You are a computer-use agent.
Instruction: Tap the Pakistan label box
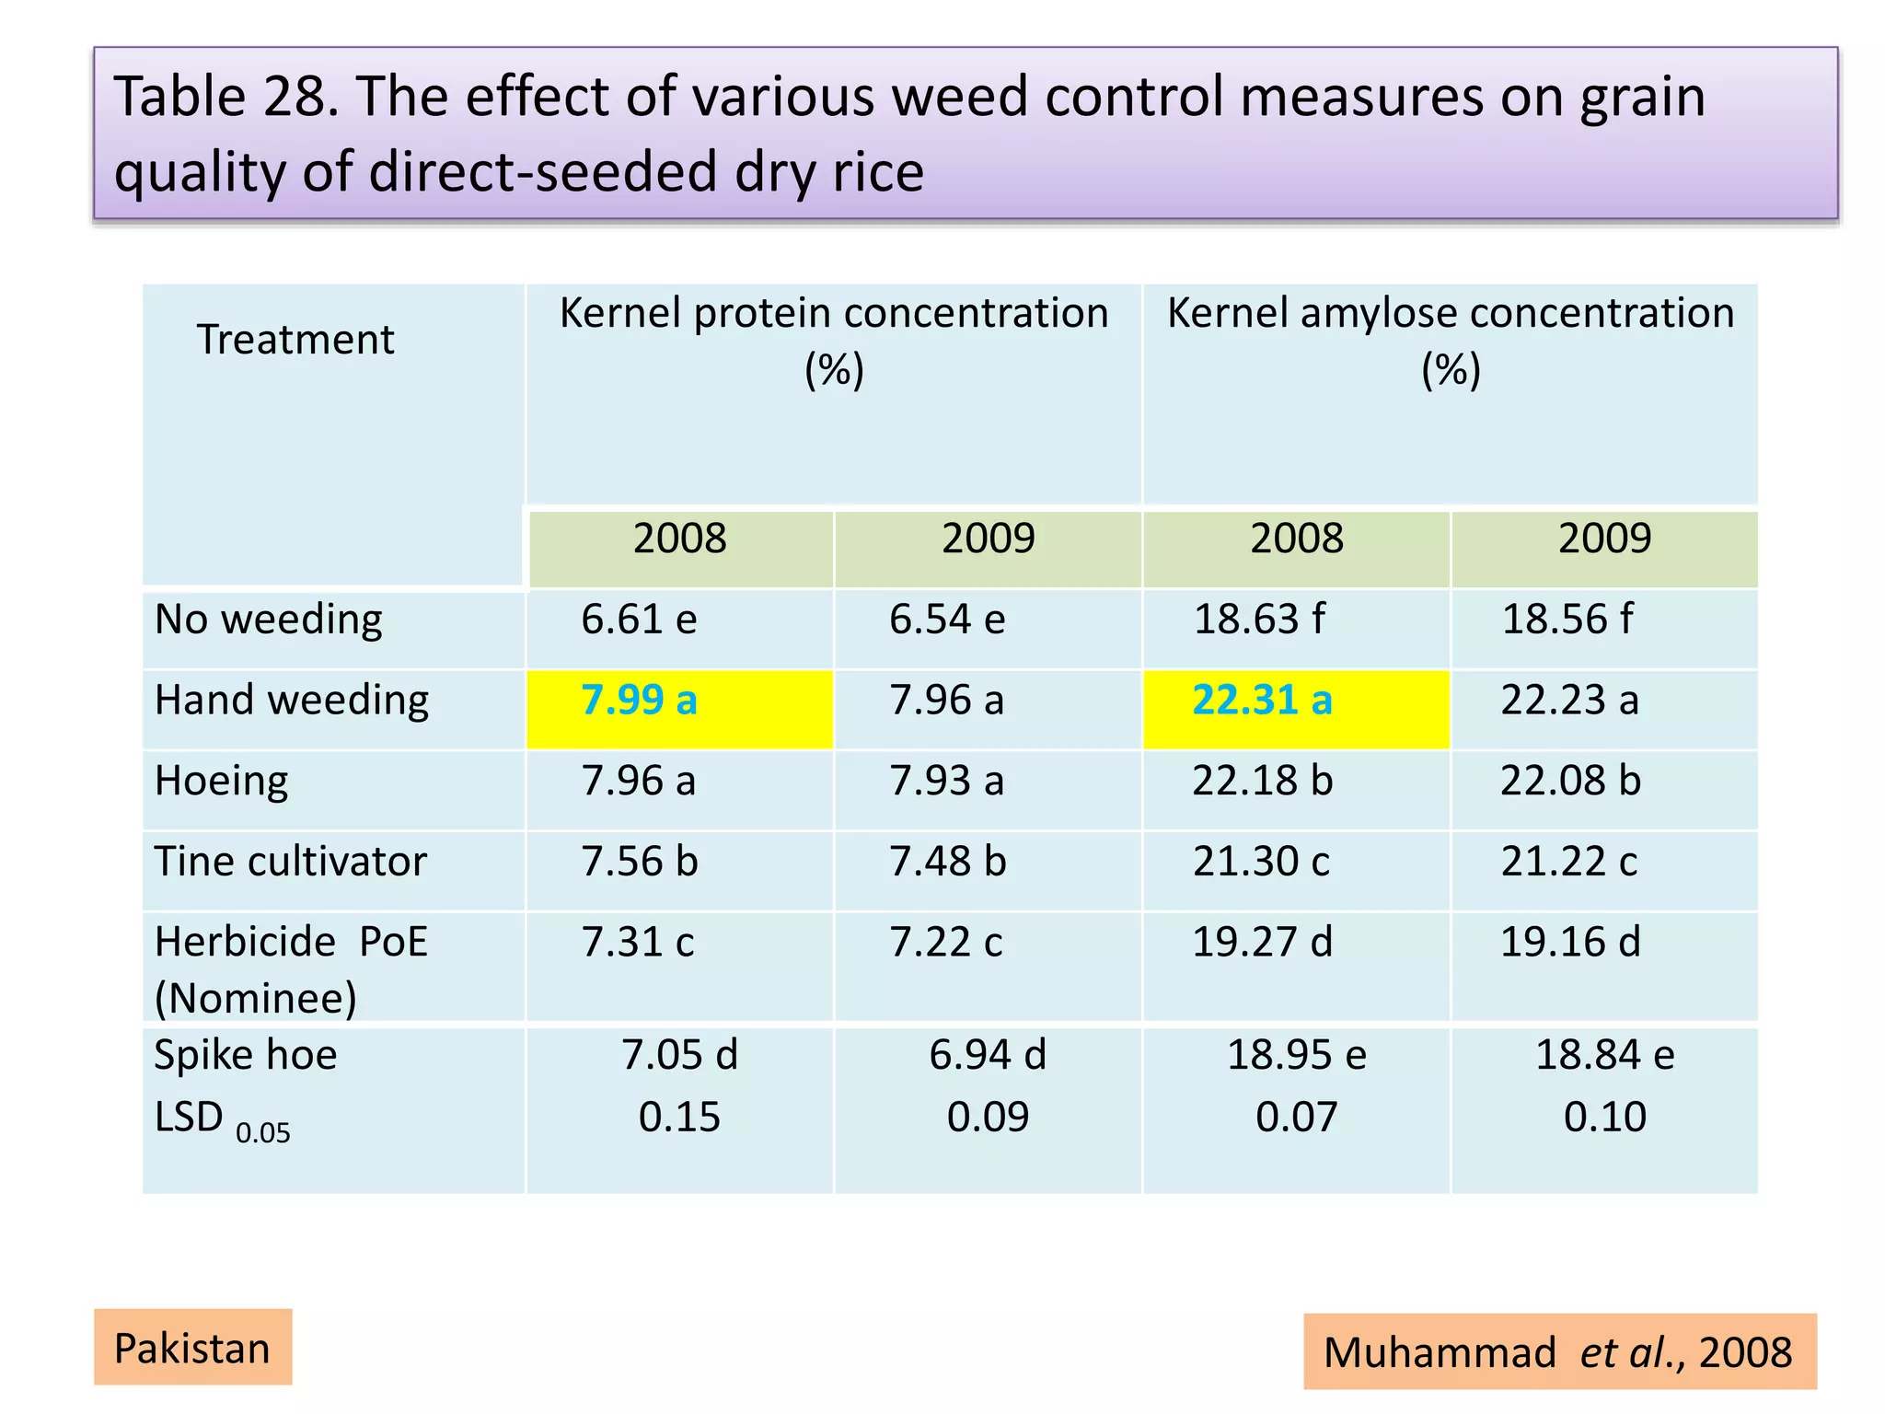click(192, 1348)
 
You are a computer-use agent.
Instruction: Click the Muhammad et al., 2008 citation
click(1559, 1352)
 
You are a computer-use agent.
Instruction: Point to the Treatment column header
click(295, 340)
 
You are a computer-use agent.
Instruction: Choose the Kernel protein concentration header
click(834, 340)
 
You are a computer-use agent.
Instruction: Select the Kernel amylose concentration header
click(1451, 340)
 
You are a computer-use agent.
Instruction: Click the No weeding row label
click(268, 620)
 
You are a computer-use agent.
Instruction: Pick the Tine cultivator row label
click(290, 862)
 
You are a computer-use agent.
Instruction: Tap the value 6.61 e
click(639, 620)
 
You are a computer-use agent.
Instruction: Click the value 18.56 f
click(1567, 620)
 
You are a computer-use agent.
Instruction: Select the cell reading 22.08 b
click(1570, 781)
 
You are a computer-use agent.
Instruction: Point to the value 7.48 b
click(947, 862)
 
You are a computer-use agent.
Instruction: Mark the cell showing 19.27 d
click(1262, 943)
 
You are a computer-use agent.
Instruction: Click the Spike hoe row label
click(246, 1055)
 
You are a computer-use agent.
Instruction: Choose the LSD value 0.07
click(1296, 1118)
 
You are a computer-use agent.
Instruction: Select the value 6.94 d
click(988, 1055)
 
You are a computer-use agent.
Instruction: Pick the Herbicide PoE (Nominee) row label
click(290, 968)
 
